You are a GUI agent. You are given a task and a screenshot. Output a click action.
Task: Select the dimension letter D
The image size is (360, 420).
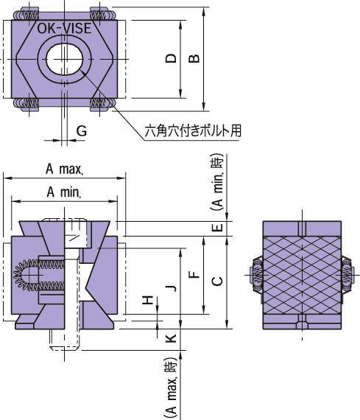click(x=171, y=58)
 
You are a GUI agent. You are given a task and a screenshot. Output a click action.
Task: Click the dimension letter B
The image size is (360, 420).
click(x=194, y=58)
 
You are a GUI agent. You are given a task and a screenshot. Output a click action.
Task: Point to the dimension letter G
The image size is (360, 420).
click(x=82, y=130)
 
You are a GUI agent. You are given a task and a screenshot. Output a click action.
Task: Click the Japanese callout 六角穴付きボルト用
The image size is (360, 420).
click(x=194, y=130)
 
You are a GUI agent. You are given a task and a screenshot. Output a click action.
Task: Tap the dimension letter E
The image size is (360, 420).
click(x=216, y=228)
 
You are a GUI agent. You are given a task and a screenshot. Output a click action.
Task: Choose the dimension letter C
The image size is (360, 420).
click(x=216, y=281)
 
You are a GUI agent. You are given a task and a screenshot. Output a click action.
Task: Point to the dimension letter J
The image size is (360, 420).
click(x=170, y=287)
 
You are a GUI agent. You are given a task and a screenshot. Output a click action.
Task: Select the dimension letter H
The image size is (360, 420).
click(x=148, y=301)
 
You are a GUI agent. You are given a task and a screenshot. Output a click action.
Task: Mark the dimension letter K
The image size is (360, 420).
click(x=170, y=337)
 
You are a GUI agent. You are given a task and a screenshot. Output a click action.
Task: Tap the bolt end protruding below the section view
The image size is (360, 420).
click(x=65, y=340)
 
